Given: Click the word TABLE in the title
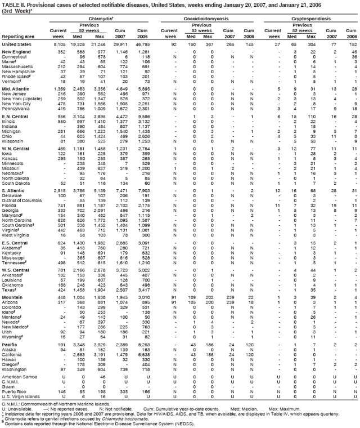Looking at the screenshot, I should click(10, 5).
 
